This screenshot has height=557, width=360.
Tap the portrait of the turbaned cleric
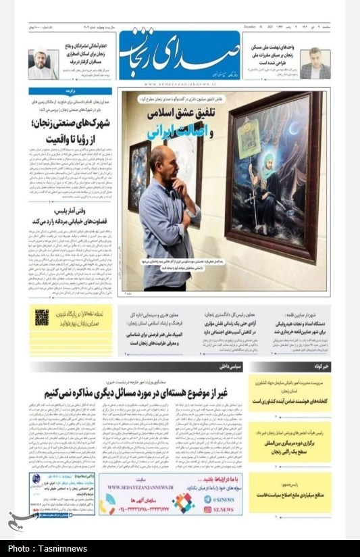[x=43, y=64]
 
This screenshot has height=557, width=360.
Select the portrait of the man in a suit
[x=315, y=63]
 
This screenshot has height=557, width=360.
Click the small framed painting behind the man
[x=139, y=175]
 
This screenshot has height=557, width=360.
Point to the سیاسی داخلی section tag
[x=228, y=366]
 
